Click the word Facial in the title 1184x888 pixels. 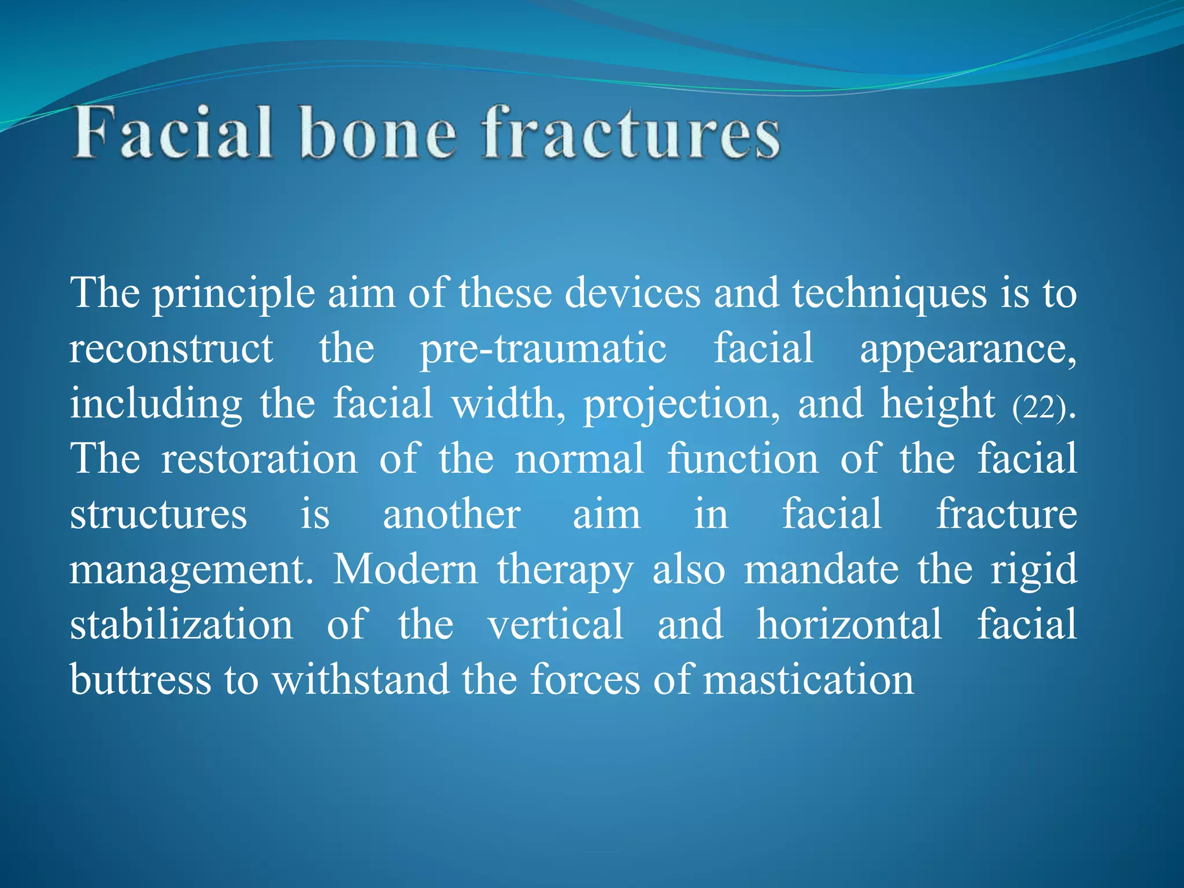pyautogui.click(x=172, y=134)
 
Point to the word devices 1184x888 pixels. pyautogui.click(x=632, y=293)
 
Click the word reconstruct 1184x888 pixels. pyautogui.click(x=171, y=349)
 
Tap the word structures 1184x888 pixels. pyautogui.click(x=158, y=514)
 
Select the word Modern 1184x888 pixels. pyautogui.click(x=405, y=569)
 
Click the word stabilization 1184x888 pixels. pyautogui.click(x=181, y=624)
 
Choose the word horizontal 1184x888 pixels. pyautogui.click(x=849, y=624)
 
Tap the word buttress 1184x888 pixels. pyautogui.click(x=140, y=679)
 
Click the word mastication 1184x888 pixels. pyautogui.click(x=809, y=679)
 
